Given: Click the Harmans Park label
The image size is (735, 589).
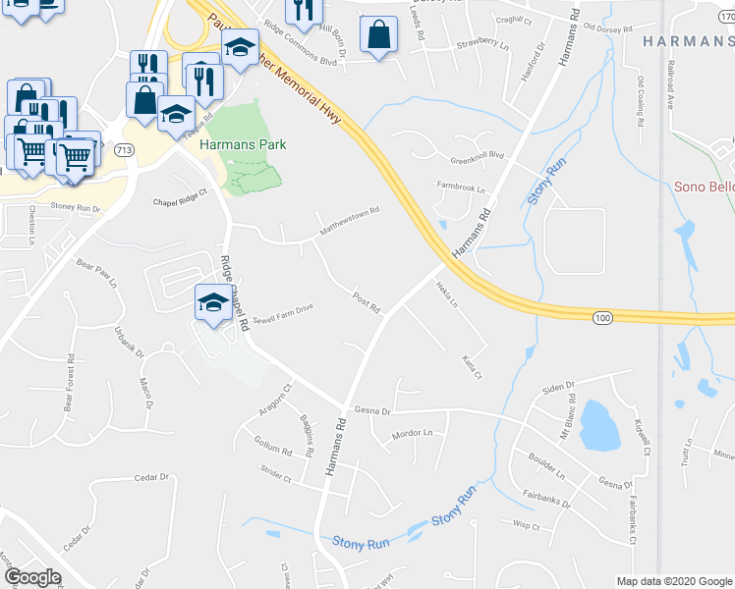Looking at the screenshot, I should coord(243,144).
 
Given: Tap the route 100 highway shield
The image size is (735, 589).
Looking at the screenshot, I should coord(602,317).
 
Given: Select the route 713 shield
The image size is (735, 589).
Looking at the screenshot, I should coord(124,150).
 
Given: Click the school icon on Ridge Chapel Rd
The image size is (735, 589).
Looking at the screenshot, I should coord(212,303).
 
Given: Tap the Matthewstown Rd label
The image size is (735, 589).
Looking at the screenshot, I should coord(349,222).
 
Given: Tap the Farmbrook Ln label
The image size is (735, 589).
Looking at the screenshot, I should coord(461,187).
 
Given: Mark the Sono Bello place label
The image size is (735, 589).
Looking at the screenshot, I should coord(704,187).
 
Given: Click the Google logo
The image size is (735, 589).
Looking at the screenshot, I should coord(31,577).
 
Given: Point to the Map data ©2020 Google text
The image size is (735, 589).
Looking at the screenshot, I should coord(673,581).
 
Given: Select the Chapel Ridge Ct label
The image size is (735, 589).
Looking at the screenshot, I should coord(182,198).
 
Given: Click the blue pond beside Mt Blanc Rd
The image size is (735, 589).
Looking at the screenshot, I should coord(599,425).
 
